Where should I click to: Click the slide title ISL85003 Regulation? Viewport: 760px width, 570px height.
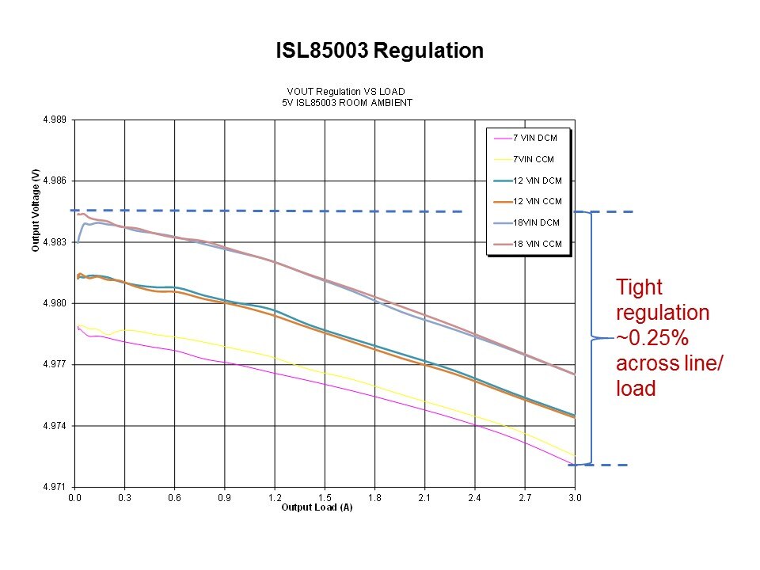click(379, 51)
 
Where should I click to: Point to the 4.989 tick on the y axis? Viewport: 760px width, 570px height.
click(55, 120)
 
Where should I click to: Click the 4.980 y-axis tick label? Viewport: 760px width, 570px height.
click(55, 303)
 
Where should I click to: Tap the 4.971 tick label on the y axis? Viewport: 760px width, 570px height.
click(55, 487)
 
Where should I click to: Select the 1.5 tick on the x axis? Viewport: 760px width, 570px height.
click(325, 498)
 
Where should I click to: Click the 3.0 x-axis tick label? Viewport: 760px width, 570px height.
click(576, 498)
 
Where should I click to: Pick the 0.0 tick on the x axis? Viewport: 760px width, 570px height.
click(74, 498)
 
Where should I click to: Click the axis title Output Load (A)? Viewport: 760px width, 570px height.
click(317, 507)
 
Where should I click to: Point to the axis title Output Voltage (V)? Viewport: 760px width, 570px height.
click(36, 210)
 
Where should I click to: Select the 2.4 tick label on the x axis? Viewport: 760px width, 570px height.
click(475, 498)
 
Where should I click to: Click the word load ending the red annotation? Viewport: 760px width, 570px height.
click(636, 389)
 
